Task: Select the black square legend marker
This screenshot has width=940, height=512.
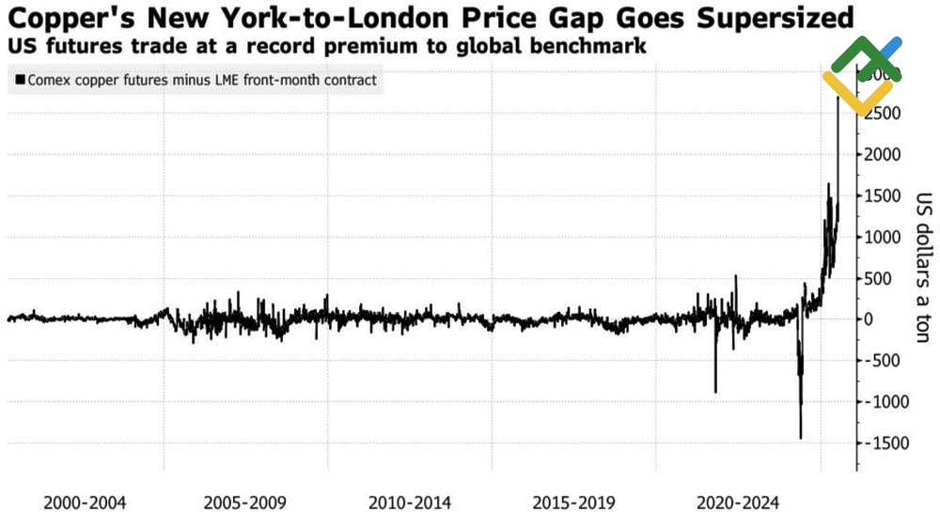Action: coord(19,81)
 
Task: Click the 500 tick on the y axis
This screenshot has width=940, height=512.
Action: coord(878,278)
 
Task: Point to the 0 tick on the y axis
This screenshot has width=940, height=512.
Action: coord(869,319)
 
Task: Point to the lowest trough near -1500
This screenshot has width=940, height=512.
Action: coord(801,437)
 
